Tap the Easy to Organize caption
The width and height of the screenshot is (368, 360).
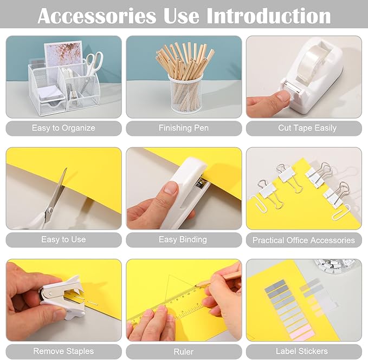(x=63, y=128)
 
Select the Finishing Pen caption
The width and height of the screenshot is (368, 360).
(x=183, y=128)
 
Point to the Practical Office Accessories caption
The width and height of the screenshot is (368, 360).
(x=304, y=240)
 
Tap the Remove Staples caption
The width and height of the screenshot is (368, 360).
(x=63, y=351)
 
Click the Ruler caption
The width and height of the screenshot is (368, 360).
(x=183, y=352)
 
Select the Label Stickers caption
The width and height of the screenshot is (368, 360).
(x=301, y=351)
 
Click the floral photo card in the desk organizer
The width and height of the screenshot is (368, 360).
(x=62, y=54)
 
